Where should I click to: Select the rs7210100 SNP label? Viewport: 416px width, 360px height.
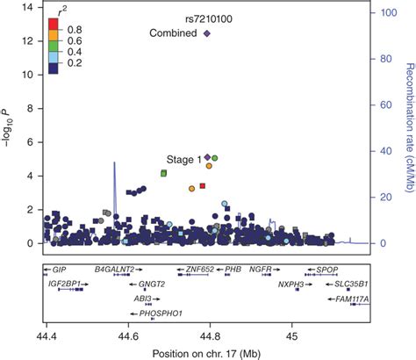coord(207,18)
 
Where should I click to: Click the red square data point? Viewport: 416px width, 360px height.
coord(203,186)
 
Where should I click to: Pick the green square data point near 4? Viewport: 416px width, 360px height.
coord(164,174)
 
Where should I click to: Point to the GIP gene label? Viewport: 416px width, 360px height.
coord(59,270)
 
